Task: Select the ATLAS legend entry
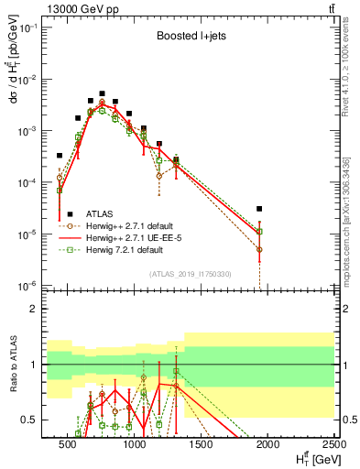coord(100,212)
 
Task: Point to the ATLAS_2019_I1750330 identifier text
coord(190,274)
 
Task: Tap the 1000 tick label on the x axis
coord(134,445)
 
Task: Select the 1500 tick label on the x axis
coord(201,445)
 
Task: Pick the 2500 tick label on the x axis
coord(333,445)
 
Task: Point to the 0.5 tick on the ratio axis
coord(38,420)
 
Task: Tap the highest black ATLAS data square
coord(103,93)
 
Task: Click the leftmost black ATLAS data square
coord(60,156)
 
